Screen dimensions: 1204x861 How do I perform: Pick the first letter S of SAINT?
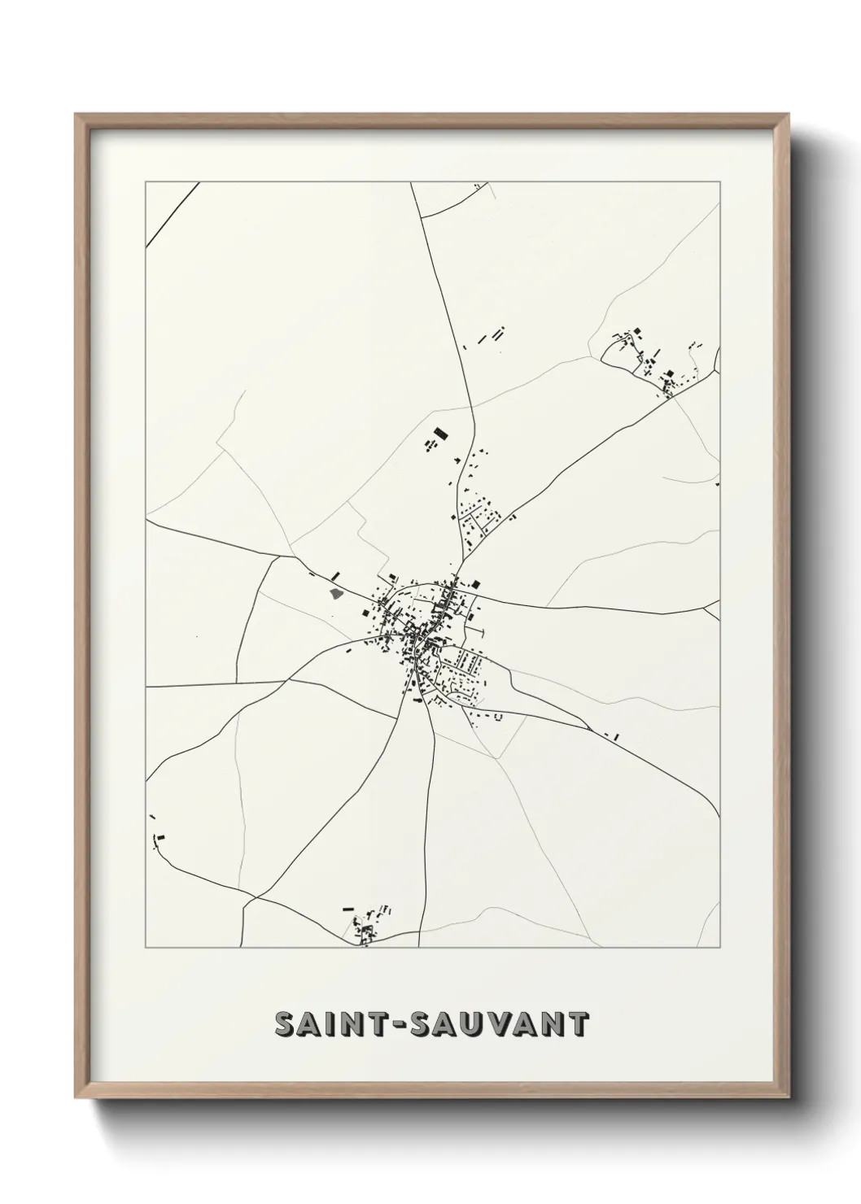coord(284,1024)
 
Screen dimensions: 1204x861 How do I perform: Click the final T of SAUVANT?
coord(577,1024)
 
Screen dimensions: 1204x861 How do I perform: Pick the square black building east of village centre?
coord(477,583)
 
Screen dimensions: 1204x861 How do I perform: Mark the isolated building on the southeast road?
coord(616,736)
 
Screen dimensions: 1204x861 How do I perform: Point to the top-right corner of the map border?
coord(720,183)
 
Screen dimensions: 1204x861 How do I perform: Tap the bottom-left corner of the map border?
coord(146,948)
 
